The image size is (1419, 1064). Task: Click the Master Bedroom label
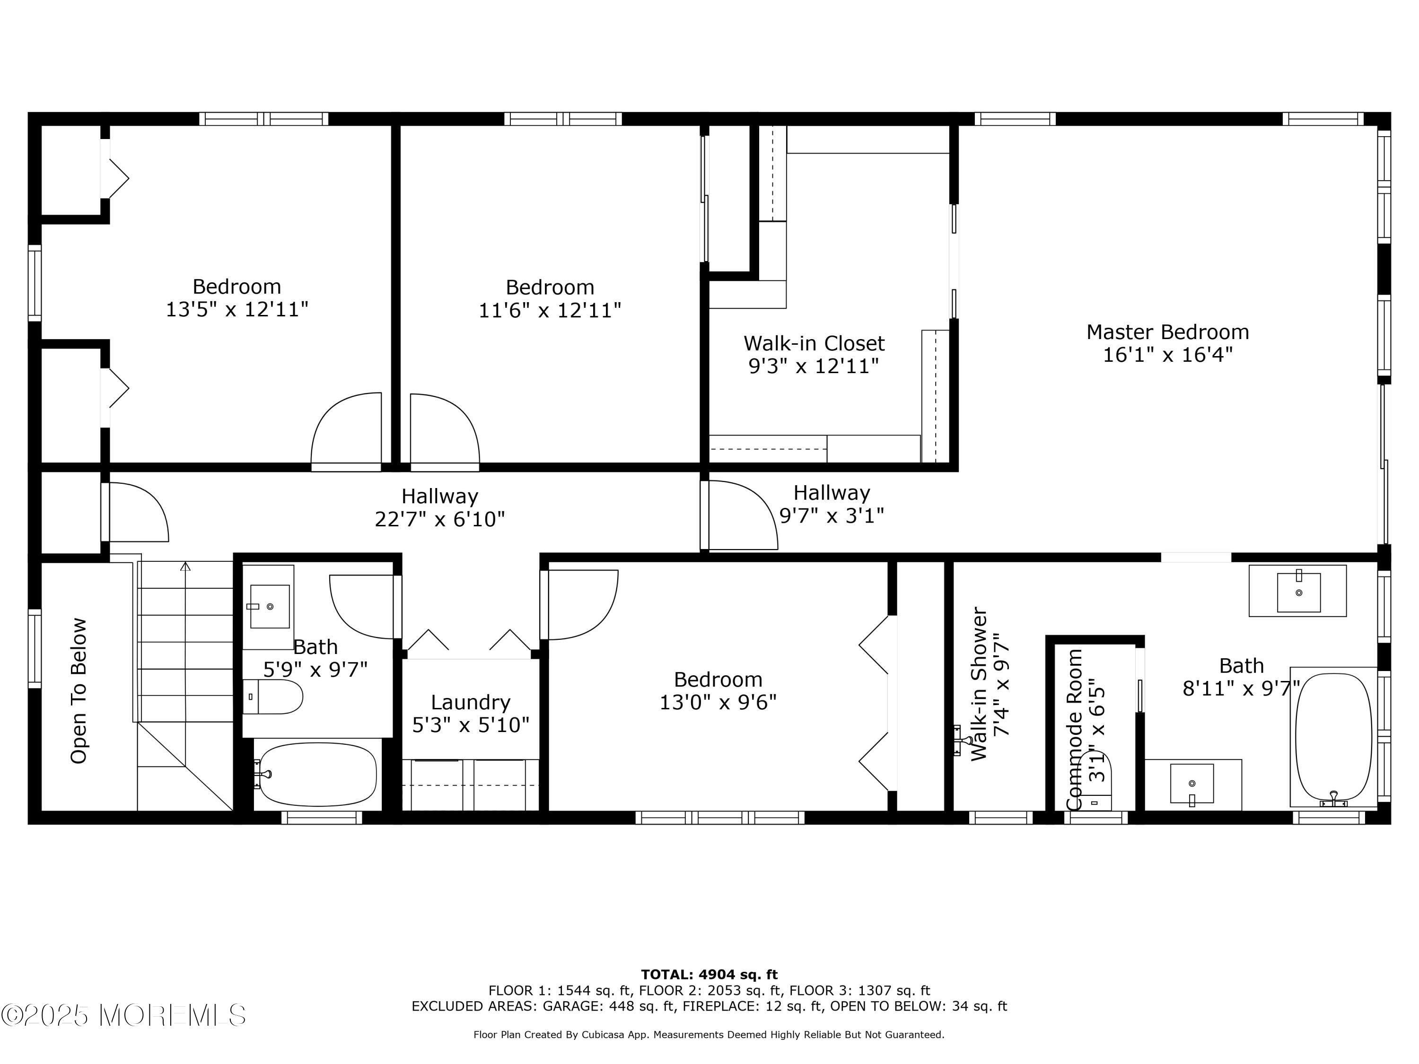[x=1167, y=332]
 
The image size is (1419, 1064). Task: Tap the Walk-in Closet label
[x=814, y=343]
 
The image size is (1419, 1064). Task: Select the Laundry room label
[x=470, y=703]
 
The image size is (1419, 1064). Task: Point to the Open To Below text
[x=78, y=691]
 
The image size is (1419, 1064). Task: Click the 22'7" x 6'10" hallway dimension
[x=440, y=519]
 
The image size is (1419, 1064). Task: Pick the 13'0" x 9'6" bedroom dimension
[x=718, y=702]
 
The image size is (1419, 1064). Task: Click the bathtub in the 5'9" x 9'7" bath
[x=317, y=775]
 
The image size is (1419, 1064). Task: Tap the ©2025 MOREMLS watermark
[x=123, y=1015]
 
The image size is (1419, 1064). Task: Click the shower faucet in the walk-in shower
[x=962, y=741]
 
